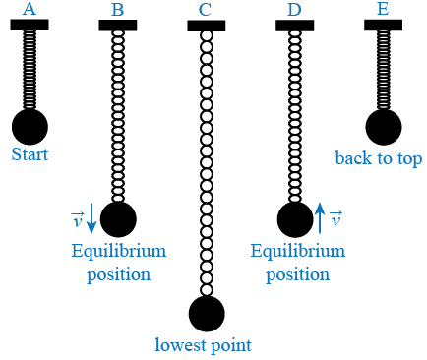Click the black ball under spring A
click(30, 126)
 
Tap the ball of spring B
click(118, 219)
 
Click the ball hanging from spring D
click(294, 219)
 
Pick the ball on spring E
click(383, 126)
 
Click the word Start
click(30, 154)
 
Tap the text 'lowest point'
click(204, 345)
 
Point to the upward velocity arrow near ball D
click(321, 218)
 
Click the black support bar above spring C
click(207, 26)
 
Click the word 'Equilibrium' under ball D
click(297, 251)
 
